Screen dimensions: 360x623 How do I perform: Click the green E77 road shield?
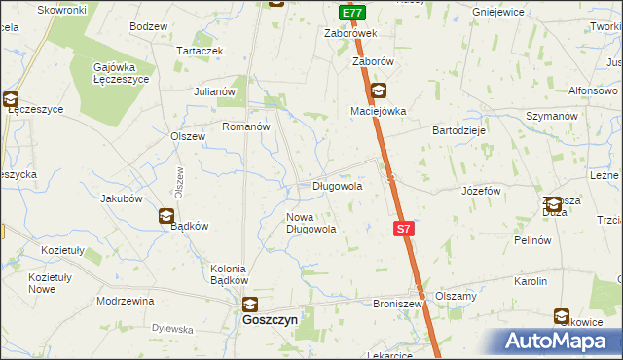pyautogui.click(x=352, y=14)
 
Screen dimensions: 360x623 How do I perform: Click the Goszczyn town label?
pyautogui.click(x=270, y=318)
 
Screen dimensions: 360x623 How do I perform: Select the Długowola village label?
pyautogui.click(x=338, y=185)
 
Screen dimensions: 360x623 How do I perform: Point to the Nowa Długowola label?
pyautogui.click(x=311, y=223)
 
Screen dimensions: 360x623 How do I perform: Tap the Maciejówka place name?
pyautogui.click(x=378, y=111)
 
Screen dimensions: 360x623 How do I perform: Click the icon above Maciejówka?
pyautogui.click(x=378, y=92)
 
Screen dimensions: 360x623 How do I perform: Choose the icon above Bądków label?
pyautogui.click(x=166, y=216)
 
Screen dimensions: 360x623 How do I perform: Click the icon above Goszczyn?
pyautogui.click(x=250, y=304)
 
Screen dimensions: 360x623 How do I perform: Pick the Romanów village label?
pyautogui.click(x=245, y=127)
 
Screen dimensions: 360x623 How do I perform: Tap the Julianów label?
pyautogui.click(x=216, y=91)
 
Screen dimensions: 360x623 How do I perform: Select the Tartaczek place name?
pyautogui.click(x=200, y=51)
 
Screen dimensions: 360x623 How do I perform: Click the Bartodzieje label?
pyautogui.click(x=459, y=129)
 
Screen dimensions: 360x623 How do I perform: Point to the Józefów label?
pyautogui.click(x=481, y=191)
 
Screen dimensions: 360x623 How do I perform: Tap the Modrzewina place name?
pyautogui.click(x=126, y=301)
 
